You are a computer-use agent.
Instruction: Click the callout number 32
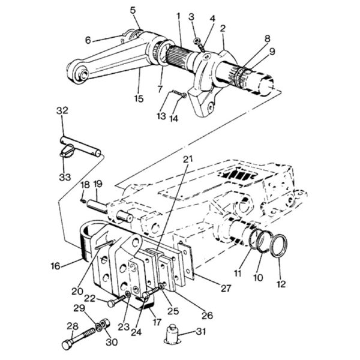[x=62, y=110]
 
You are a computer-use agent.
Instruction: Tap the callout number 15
[x=139, y=99]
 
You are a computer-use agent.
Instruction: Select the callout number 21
[x=188, y=158]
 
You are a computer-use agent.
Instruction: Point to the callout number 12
[x=281, y=284]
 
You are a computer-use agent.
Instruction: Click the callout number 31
[x=201, y=332]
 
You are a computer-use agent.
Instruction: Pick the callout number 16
[x=56, y=266]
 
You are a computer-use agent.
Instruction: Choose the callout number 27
[x=226, y=288]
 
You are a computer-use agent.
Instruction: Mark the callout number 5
[x=133, y=10]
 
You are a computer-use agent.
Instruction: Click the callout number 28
[x=73, y=326]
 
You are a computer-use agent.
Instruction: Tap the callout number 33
[x=65, y=177]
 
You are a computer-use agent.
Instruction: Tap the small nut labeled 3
[x=197, y=41]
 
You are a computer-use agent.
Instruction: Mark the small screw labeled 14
[x=179, y=94]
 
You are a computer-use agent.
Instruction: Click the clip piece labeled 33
[x=67, y=151]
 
